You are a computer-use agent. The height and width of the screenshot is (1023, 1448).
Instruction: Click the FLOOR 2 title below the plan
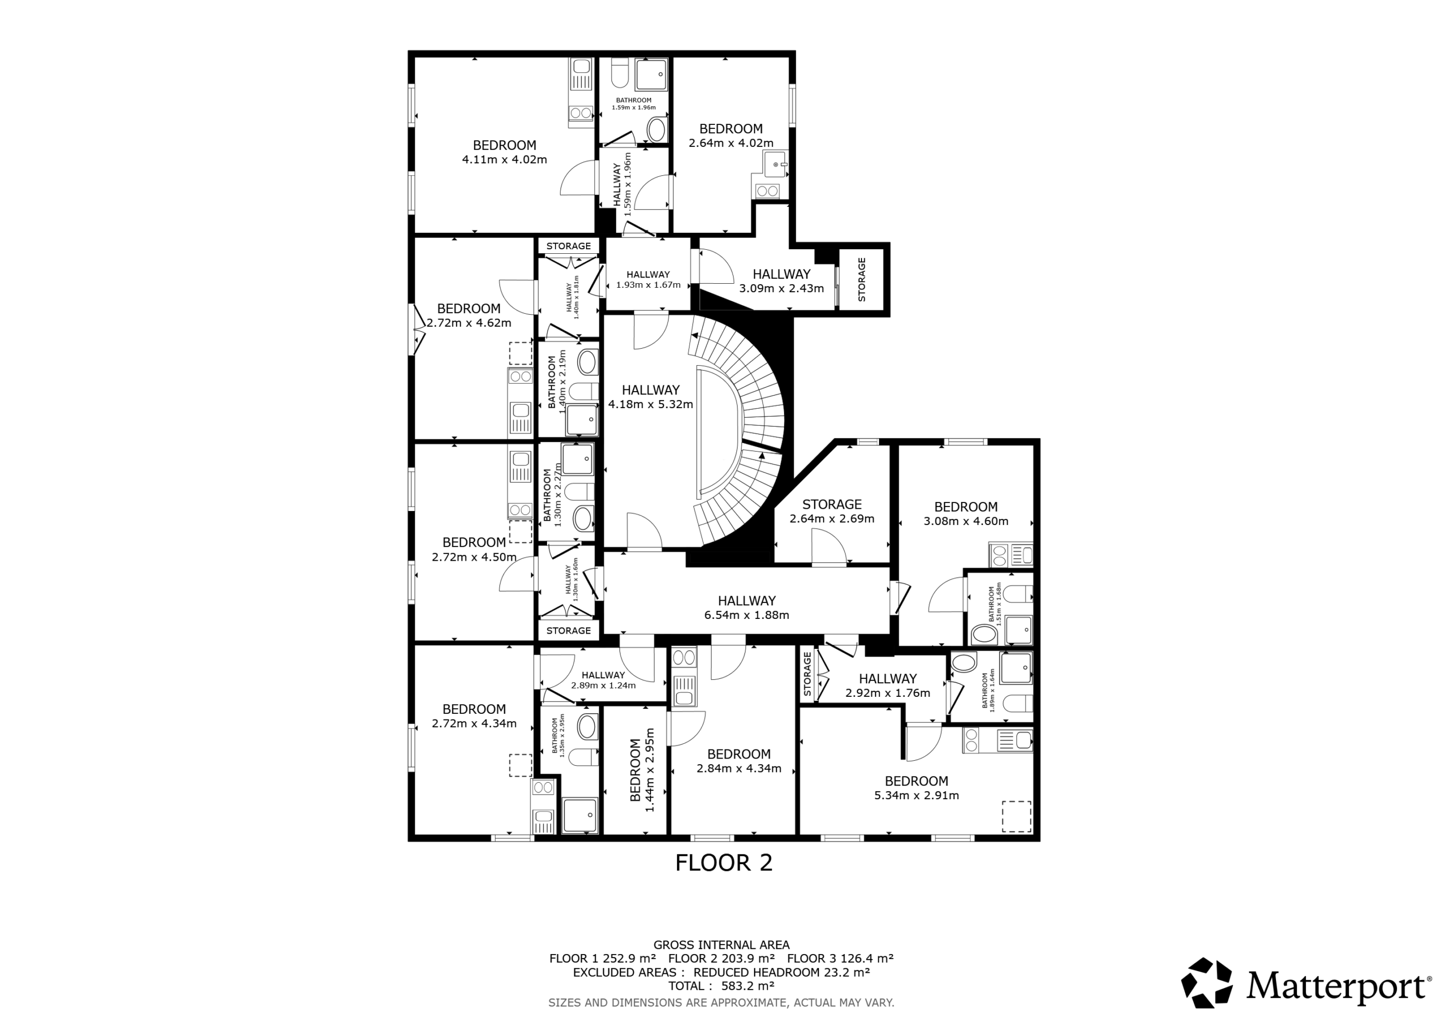723,862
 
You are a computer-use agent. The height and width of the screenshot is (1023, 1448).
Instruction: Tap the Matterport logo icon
1206,983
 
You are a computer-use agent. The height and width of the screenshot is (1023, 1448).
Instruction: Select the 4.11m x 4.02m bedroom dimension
505,159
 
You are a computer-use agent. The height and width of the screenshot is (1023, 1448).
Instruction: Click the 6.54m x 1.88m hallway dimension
747,615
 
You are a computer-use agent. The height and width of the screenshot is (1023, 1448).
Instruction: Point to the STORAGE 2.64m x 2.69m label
832,511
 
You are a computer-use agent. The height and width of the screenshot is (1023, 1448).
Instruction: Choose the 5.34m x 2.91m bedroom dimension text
916,795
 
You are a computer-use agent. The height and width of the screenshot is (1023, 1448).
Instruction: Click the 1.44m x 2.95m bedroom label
643,770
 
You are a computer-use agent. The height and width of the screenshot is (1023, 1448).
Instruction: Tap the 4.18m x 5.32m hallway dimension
651,404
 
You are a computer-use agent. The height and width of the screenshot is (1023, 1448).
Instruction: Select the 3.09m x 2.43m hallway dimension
781,289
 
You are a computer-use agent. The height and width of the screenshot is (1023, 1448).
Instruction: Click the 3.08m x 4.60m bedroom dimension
966,521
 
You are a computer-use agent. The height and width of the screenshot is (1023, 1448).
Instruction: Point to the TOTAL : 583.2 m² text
722,986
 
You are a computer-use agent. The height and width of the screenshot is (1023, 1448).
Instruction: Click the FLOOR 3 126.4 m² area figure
840,959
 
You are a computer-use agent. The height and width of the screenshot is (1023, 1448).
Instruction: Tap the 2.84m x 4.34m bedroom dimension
739,768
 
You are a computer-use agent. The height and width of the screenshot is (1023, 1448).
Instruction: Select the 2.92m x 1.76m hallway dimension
887,693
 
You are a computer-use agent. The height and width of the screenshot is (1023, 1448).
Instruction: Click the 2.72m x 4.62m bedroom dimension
468,323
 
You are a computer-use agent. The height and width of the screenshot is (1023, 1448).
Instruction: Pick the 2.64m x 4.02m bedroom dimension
731,143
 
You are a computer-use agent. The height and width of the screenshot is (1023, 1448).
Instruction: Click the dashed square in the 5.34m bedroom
1016,816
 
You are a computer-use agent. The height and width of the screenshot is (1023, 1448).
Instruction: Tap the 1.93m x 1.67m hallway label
648,280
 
